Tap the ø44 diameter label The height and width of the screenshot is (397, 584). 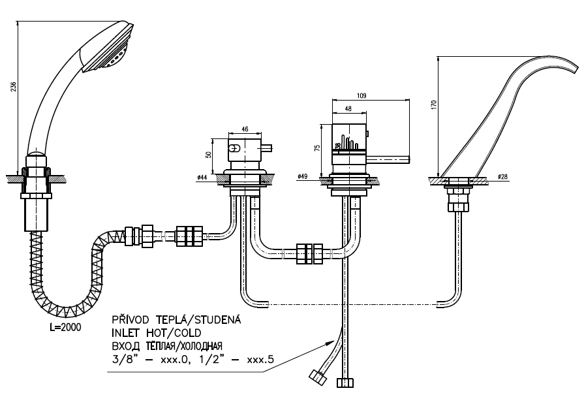[202, 177]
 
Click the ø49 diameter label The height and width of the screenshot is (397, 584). [302, 177]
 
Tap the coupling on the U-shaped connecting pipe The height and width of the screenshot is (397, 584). [309, 253]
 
